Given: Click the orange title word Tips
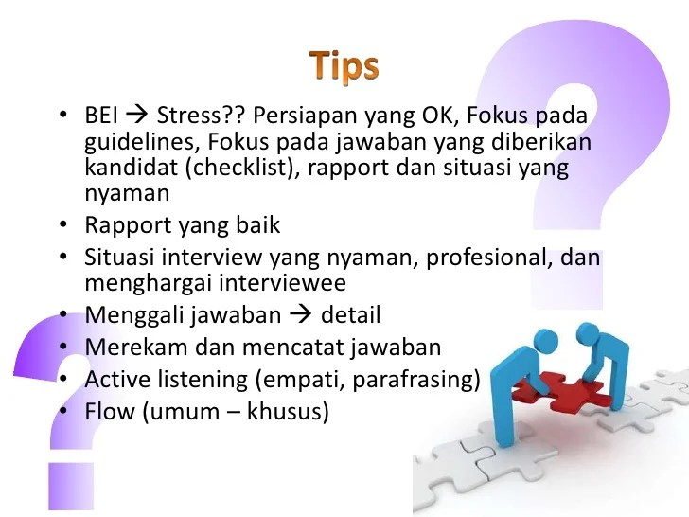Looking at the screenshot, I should tap(344, 66).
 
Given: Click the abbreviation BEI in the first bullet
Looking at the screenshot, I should tap(103, 119).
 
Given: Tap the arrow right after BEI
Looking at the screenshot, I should tap(139, 119).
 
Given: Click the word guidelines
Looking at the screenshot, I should tap(131, 143).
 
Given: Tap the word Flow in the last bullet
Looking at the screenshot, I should tap(107, 412).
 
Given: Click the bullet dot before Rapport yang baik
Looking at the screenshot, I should tap(62, 225).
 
